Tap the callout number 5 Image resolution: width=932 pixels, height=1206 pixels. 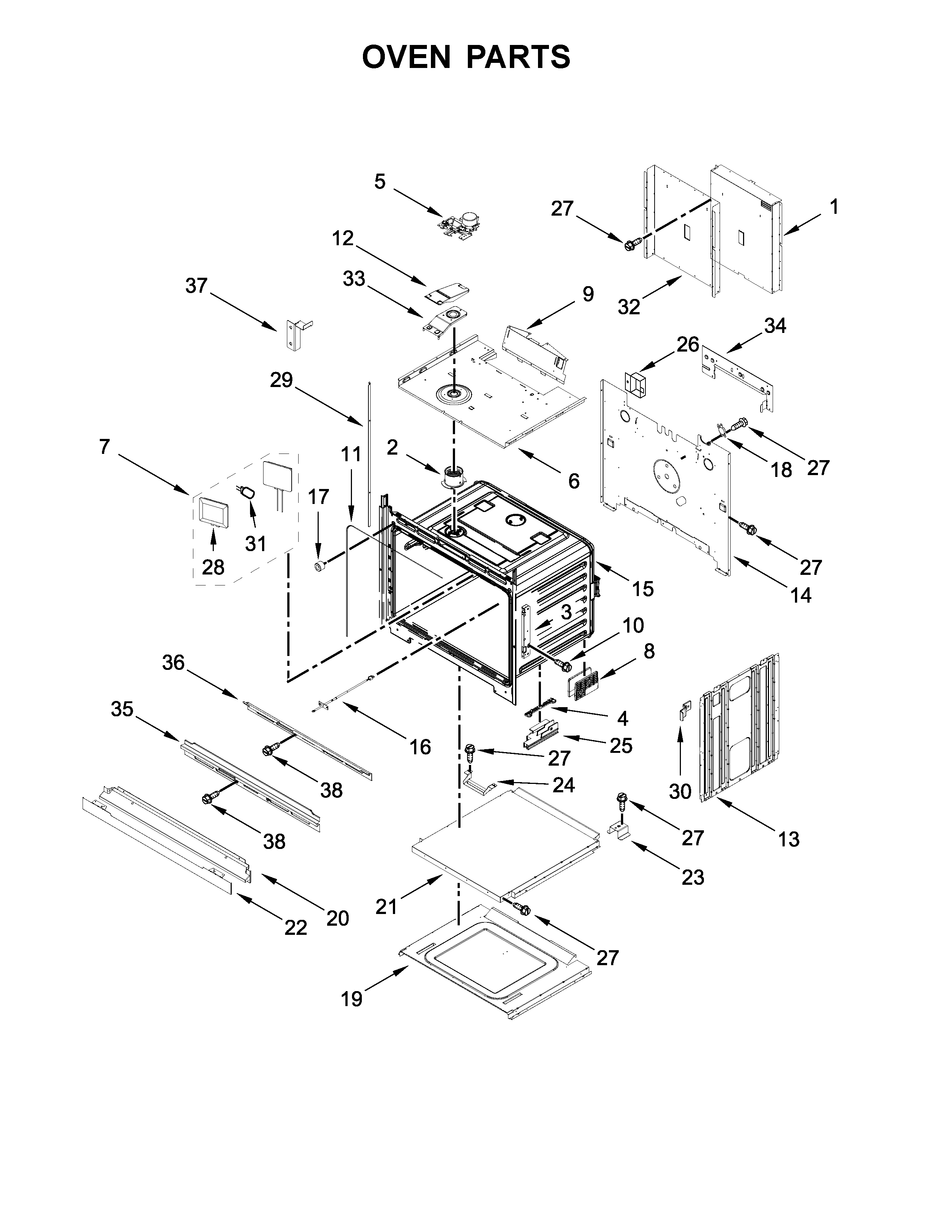pyautogui.click(x=380, y=182)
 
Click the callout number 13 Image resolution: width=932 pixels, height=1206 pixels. pyautogui.click(x=788, y=839)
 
